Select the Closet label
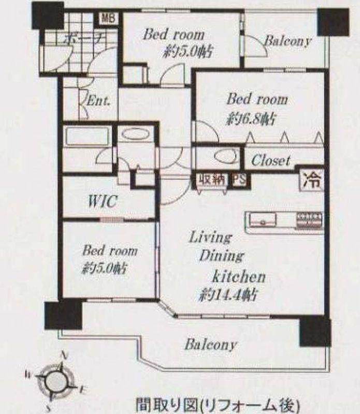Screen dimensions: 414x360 click(x=270, y=160)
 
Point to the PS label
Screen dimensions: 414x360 click(x=239, y=180)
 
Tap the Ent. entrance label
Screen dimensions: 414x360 click(x=98, y=100)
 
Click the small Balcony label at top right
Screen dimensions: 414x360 click(x=287, y=41)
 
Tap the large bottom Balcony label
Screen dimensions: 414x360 click(x=211, y=344)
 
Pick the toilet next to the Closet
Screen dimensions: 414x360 click(x=225, y=156)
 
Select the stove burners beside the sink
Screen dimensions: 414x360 click(x=310, y=220)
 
